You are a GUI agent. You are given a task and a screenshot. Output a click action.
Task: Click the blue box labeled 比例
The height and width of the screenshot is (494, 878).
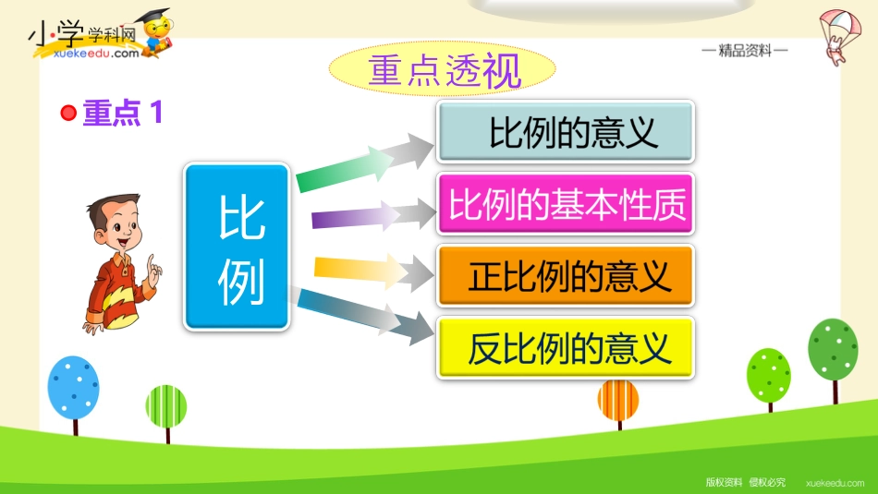[237, 247]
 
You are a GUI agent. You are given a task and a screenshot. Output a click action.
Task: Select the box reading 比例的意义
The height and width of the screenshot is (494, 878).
[566, 131]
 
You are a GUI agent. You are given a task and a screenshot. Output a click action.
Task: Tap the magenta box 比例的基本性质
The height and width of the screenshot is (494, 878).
[566, 204]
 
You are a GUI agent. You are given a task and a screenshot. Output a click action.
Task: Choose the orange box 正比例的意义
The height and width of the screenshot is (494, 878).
[566, 276]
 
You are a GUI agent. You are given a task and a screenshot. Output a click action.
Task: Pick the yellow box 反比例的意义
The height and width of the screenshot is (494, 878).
[566, 347]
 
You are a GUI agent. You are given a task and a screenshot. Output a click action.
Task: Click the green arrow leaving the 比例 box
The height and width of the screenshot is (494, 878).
[364, 163]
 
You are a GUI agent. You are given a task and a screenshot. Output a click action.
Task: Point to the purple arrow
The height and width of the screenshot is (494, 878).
[373, 215]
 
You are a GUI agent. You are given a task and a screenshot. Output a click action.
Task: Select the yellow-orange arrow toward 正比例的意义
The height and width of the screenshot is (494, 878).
[373, 271]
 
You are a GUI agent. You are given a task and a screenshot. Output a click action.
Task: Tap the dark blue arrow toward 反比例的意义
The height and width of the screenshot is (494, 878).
[364, 316]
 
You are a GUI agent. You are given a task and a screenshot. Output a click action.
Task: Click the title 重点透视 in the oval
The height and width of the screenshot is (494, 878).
[445, 71]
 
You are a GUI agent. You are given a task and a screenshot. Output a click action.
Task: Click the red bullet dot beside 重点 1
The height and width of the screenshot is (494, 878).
[68, 113]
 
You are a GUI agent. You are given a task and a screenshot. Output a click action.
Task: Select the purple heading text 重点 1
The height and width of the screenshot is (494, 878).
[123, 113]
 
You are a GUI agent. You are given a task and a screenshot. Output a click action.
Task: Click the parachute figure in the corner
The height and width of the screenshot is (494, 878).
[839, 37]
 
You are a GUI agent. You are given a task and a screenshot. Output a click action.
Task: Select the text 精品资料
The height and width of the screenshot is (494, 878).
[745, 51]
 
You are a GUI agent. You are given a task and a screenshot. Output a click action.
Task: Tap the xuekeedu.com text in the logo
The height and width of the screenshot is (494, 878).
[96, 54]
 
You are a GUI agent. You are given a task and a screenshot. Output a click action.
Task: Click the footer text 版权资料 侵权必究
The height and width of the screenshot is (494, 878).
[745, 482]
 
